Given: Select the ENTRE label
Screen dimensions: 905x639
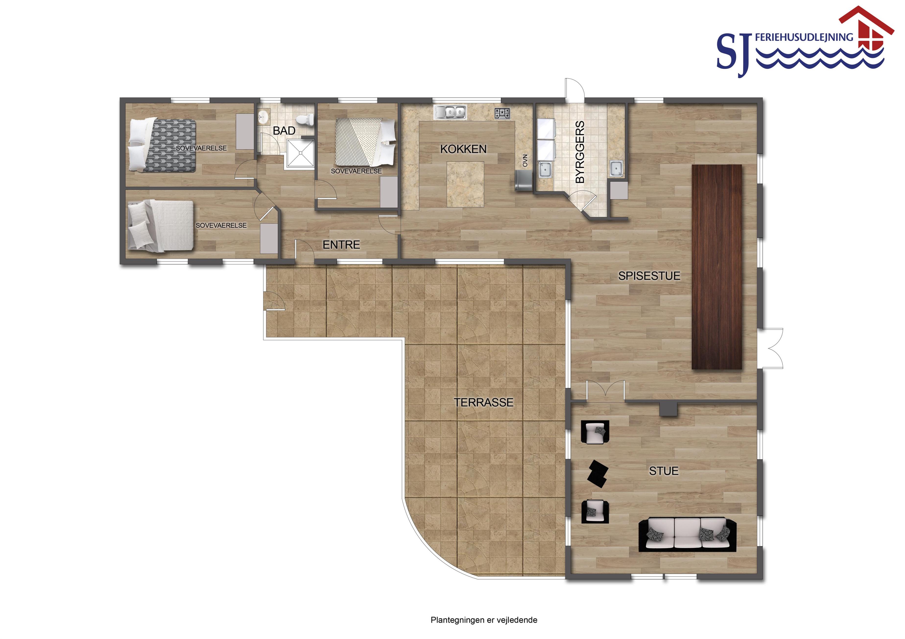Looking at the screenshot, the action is point(341,245).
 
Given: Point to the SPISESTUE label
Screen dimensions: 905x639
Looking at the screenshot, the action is point(649,276).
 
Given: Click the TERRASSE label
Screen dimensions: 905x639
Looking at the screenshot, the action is point(483,402).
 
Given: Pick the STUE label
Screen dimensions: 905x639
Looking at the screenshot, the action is point(664,471).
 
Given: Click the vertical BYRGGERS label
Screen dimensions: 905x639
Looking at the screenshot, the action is point(580,152).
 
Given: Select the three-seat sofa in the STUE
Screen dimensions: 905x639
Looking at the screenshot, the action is point(687,535).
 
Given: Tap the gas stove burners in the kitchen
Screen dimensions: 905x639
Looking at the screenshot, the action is point(502,113).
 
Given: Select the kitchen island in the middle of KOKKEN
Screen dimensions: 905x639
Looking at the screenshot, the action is point(465,184).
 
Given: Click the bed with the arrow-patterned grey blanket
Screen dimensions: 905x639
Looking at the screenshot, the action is point(162,145).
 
